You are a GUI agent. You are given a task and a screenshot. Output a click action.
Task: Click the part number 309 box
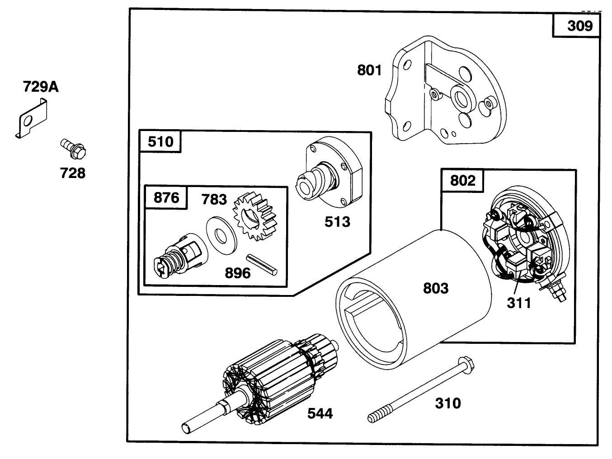tap(576, 26)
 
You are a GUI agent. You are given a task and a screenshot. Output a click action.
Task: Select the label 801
tap(369, 70)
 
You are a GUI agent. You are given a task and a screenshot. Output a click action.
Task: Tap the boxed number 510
tap(160, 141)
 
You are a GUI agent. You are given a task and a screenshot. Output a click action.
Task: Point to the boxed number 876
tap(166, 198)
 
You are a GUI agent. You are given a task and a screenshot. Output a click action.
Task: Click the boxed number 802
tap(462, 181)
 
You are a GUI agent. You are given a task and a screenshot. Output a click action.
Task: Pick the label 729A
tap(41, 86)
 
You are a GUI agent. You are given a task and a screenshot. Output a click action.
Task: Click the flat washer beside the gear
tap(221, 234)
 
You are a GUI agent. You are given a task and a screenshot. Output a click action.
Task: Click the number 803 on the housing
tap(435, 288)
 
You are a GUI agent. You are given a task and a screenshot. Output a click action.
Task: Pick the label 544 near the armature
tap(320, 413)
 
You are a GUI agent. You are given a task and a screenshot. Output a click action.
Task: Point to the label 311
tap(518, 302)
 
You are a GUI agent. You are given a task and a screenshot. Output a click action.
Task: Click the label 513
tap(337, 221)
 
